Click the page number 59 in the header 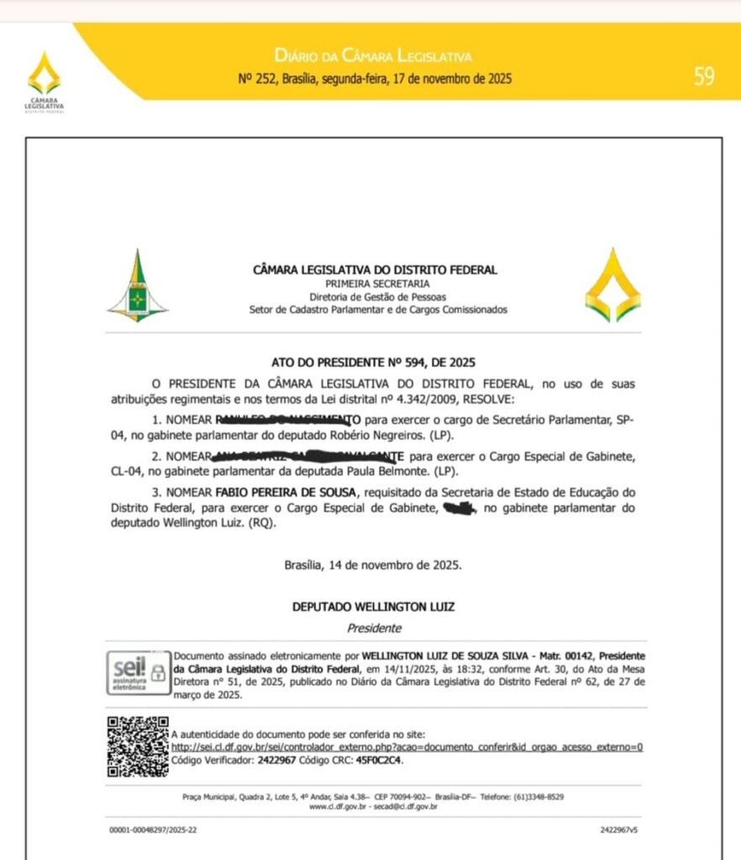click(x=704, y=77)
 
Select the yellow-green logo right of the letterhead click(x=612, y=286)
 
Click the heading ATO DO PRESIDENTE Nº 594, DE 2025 click(x=373, y=363)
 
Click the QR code click(x=137, y=746)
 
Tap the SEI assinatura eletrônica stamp click(x=138, y=672)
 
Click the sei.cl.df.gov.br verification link click(x=407, y=747)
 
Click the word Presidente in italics click(x=375, y=627)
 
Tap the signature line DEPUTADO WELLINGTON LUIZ click(x=374, y=606)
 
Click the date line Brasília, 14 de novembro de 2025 click(x=372, y=565)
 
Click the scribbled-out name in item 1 click(x=288, y=418)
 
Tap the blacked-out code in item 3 click(x=459, y=508)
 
